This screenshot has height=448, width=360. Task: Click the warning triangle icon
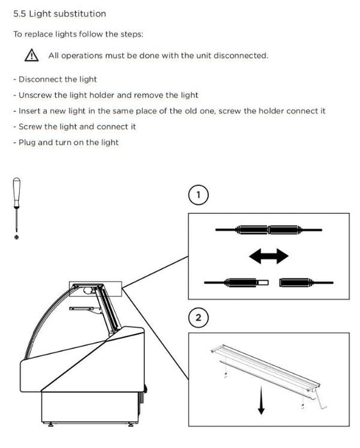click(31, 55)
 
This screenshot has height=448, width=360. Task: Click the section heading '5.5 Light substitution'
click(60, 13)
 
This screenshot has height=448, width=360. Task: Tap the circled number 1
click(199, 195)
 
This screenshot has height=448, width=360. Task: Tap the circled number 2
click(199, 317)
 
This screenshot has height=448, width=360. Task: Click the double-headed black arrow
click(269, 256)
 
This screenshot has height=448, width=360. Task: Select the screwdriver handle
click(17, 192)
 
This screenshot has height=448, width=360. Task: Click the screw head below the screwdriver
click(17, 237)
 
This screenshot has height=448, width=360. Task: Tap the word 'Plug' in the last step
click(27, 143)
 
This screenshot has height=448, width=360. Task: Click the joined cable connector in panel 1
click(268, 230)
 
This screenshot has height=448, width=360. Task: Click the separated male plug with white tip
click(247, 283)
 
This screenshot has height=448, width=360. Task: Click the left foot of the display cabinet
click(51, 424)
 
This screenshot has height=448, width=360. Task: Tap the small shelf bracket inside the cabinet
click(86, 309)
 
